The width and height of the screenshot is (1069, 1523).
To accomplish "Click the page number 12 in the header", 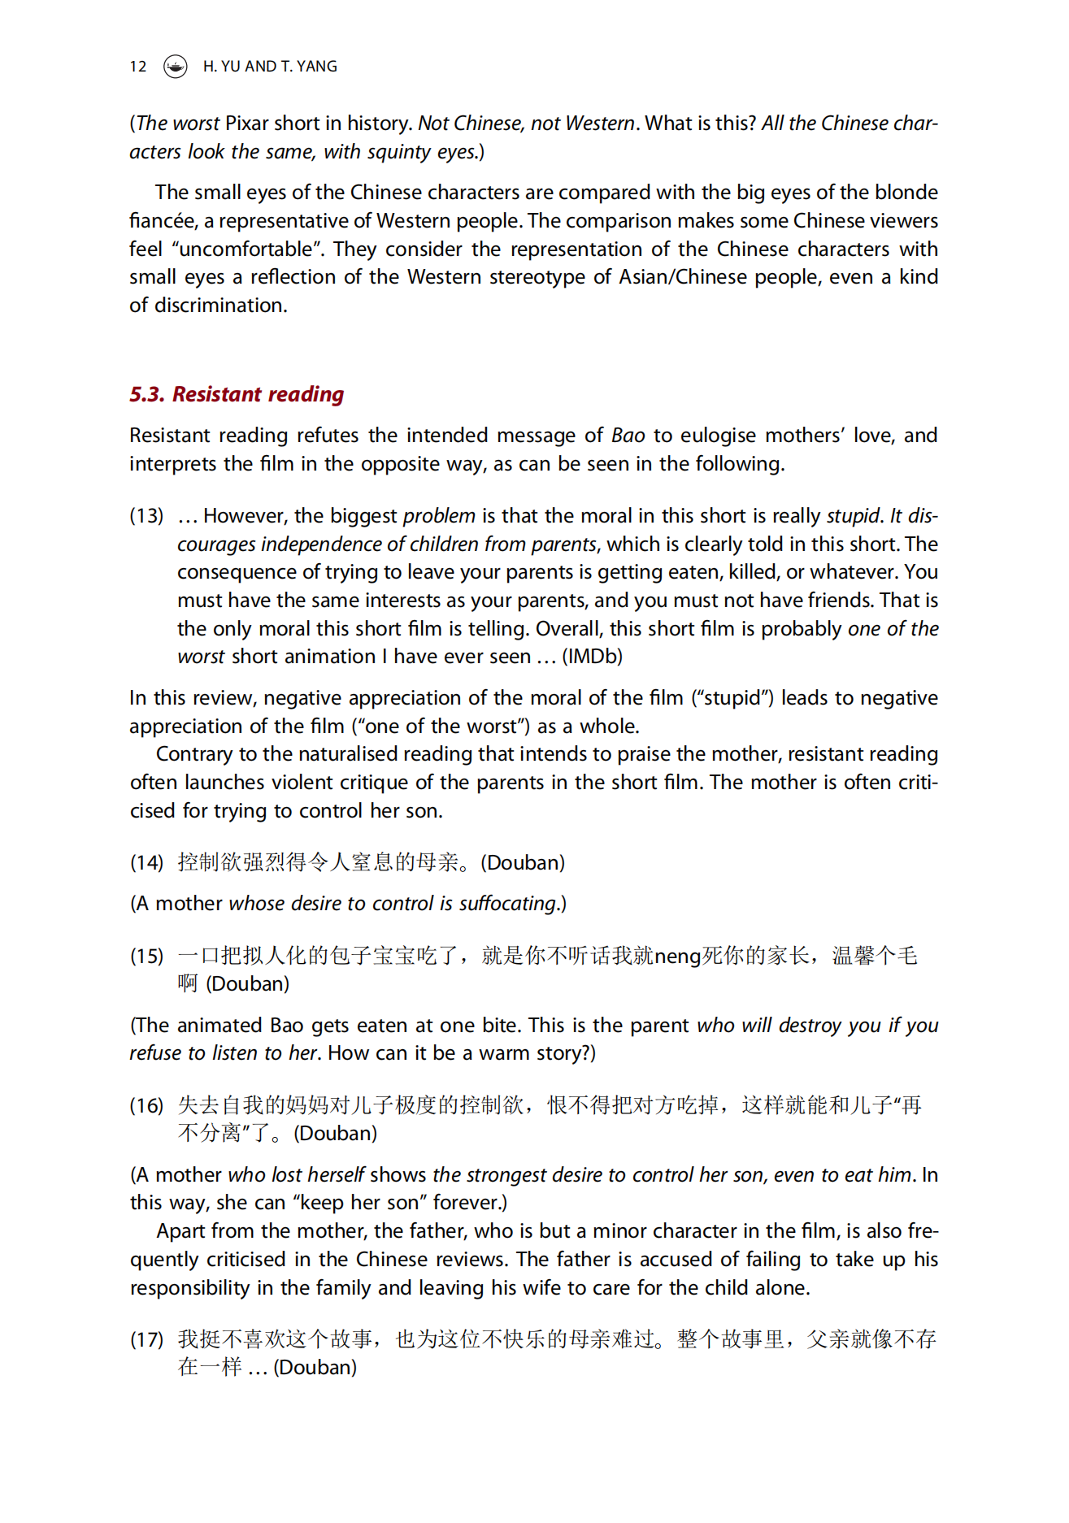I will (x=138, y=67).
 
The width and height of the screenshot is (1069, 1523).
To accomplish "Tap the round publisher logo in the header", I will (x=175, y=67).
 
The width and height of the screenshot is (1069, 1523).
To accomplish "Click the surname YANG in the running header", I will (x=317, y=67).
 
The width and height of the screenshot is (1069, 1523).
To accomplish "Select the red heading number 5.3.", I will (x=147, y=394).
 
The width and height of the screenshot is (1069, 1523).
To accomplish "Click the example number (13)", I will (x=146, y=516).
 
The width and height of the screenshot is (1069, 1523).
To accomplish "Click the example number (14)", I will (x=146, y=863).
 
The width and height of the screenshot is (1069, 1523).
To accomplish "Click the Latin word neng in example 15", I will (x=677, y=957).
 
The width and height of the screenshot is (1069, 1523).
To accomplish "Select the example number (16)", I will (x=146, y=1106).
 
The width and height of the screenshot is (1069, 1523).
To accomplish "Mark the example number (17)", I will (x=146, y=1340).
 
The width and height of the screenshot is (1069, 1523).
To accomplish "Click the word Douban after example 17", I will (x=315, y=1368).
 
